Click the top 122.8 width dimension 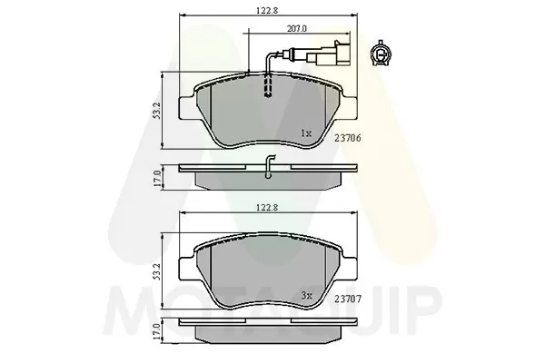tap(264, 11)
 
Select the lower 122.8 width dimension tap(264, 207)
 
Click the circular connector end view tap(381, 55)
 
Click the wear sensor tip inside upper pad tap(266, 90)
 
